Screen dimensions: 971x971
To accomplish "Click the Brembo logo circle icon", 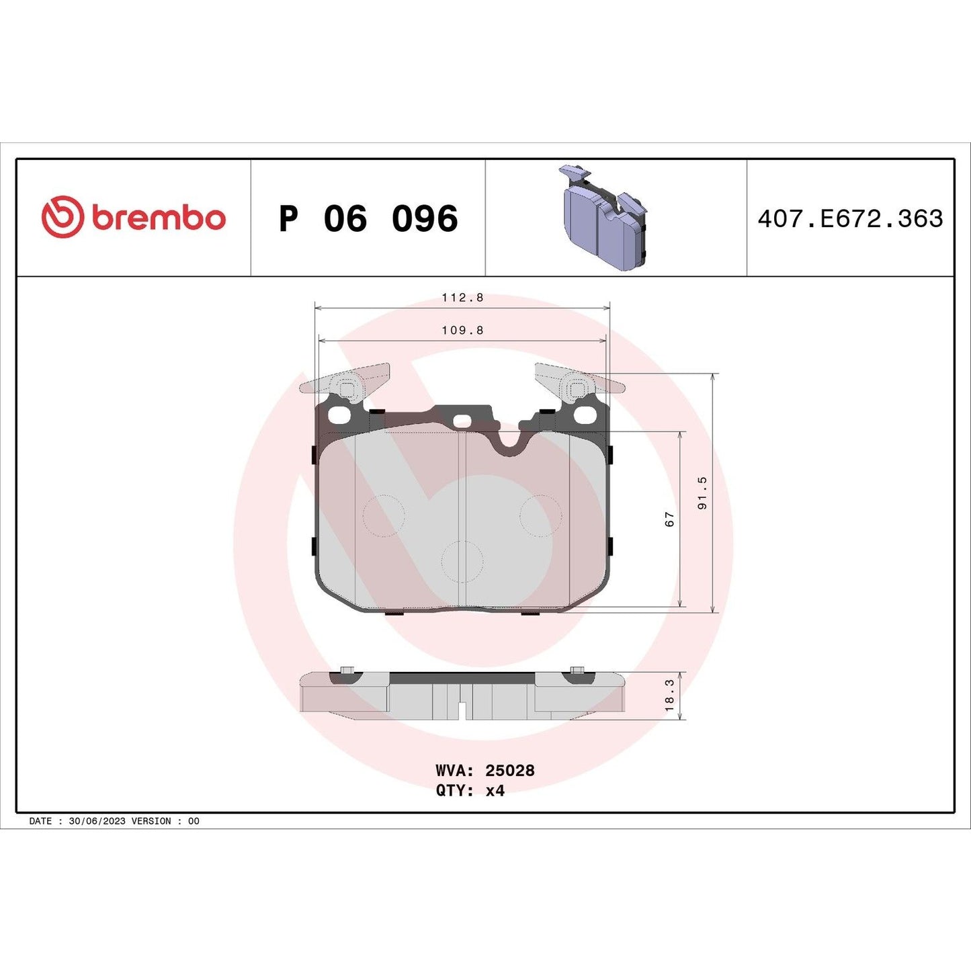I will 62,217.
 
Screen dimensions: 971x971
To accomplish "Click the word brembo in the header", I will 159,218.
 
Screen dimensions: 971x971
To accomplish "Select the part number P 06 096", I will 368,219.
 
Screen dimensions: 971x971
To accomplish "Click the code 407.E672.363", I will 850,219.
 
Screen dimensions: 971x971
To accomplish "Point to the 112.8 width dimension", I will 462,298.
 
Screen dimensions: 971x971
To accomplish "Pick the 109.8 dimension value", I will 462,330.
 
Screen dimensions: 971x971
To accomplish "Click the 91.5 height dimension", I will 703,493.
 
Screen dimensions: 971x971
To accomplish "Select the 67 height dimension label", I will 669,519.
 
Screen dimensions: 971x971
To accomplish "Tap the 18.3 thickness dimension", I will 669,695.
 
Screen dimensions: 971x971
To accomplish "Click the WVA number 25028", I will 510,770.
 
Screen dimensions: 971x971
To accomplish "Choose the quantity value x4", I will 495,790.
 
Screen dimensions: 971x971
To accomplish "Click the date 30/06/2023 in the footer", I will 97,821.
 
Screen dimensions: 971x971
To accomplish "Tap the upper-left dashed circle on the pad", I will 384,515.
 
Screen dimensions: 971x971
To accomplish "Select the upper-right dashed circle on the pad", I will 540,515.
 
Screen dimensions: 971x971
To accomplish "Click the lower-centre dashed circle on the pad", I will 462,562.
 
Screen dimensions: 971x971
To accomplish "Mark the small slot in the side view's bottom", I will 462,710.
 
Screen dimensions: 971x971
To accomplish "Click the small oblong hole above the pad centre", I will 462,421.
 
